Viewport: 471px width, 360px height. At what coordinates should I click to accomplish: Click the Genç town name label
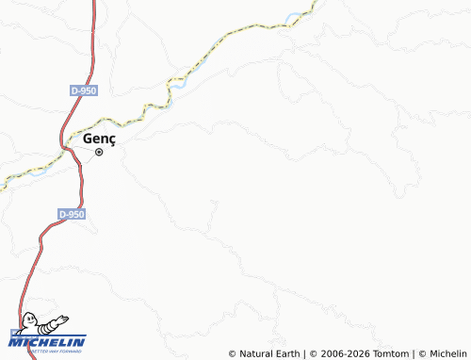point(100,138)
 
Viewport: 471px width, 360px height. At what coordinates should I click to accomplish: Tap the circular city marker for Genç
point(99,152)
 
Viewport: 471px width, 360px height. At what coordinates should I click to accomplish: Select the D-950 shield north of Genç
point(83,90)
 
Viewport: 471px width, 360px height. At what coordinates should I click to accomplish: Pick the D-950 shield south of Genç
point(72,215)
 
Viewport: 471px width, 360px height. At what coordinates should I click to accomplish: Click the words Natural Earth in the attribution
point(270,353)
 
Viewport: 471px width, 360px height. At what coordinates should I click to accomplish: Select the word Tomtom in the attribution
point(390,353)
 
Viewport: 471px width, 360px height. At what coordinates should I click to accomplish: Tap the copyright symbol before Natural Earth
point(232,353)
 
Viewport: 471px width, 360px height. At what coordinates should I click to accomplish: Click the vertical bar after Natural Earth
point(306,353)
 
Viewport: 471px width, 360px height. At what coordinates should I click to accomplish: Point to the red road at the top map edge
point(95,3)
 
